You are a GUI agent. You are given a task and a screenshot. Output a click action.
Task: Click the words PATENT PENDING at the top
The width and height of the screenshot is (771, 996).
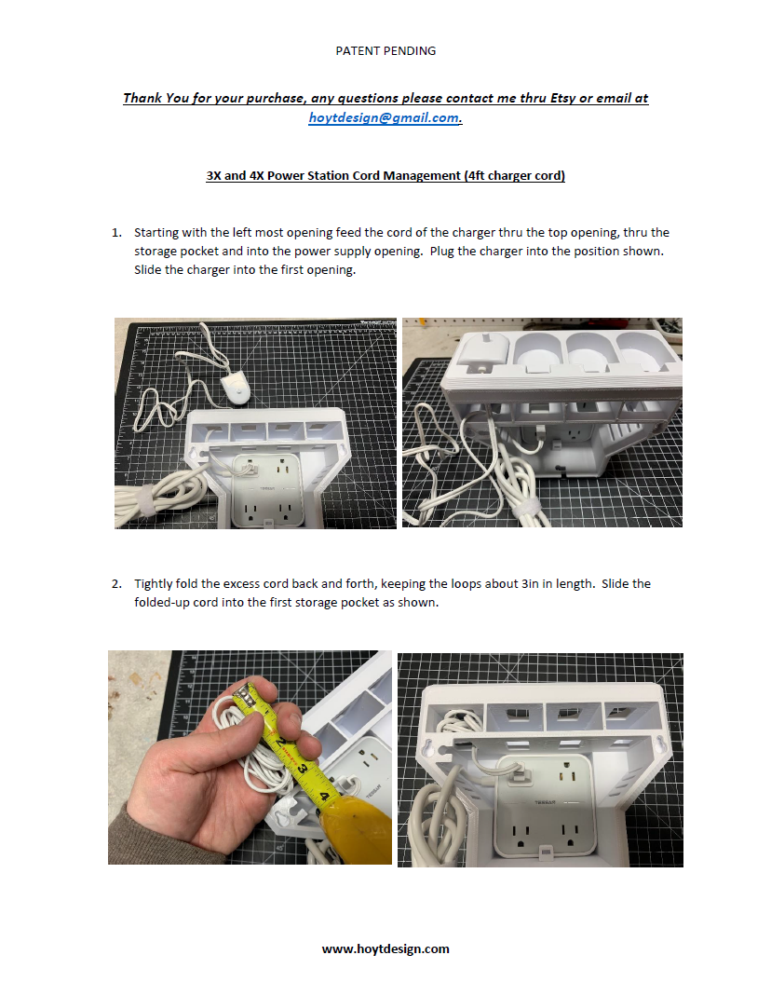point(385,51)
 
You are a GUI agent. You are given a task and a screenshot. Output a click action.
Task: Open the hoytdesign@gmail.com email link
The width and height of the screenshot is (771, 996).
point(384,117)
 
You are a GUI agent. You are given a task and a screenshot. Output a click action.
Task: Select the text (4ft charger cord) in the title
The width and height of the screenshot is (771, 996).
point(514,175)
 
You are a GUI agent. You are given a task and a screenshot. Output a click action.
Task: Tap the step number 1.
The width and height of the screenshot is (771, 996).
point(116,233)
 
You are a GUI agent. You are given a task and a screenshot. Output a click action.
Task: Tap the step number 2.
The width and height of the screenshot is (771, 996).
point(116,584)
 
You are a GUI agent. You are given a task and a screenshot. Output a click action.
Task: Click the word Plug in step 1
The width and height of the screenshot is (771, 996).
point(441,252)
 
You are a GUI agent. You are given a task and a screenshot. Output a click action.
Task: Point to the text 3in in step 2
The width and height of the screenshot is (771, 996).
point(530,584)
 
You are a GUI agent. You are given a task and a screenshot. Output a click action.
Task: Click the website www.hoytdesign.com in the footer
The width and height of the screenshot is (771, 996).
point(385,949)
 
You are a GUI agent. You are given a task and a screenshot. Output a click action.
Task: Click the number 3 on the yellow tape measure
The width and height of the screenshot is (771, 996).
point(302,770)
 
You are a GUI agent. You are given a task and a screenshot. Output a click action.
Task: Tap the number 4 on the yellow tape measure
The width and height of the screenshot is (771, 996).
point(324,796)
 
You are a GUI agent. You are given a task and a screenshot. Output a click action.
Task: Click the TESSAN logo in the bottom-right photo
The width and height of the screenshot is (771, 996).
point(544,802)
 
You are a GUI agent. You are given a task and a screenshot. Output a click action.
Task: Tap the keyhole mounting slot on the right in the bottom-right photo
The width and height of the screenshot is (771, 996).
point(660,743)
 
